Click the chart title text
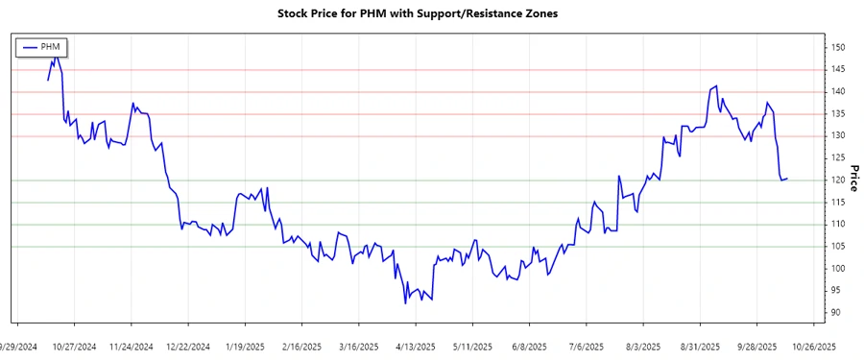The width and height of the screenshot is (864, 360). [x=432, y=14]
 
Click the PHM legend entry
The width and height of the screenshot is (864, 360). [x=43, y=47]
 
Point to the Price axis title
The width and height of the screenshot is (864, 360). [x=852, y=180]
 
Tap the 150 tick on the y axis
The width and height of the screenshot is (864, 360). [x=838, y=48]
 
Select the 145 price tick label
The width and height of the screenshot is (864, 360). [x=838, y=70]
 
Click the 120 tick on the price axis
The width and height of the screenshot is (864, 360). [x=838, y=180]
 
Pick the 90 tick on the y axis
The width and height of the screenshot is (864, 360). [x=836, y=313]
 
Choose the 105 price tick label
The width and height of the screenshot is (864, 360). [x=838, y=247]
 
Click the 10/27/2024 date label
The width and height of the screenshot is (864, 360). [x=74, y=347]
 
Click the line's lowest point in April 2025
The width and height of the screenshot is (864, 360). [x=405, y=303]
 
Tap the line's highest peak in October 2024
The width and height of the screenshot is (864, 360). [x=55, y=56]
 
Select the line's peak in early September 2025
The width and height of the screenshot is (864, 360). [x=716, y=86]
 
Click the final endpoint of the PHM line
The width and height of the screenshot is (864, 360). [x=787, y=179]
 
